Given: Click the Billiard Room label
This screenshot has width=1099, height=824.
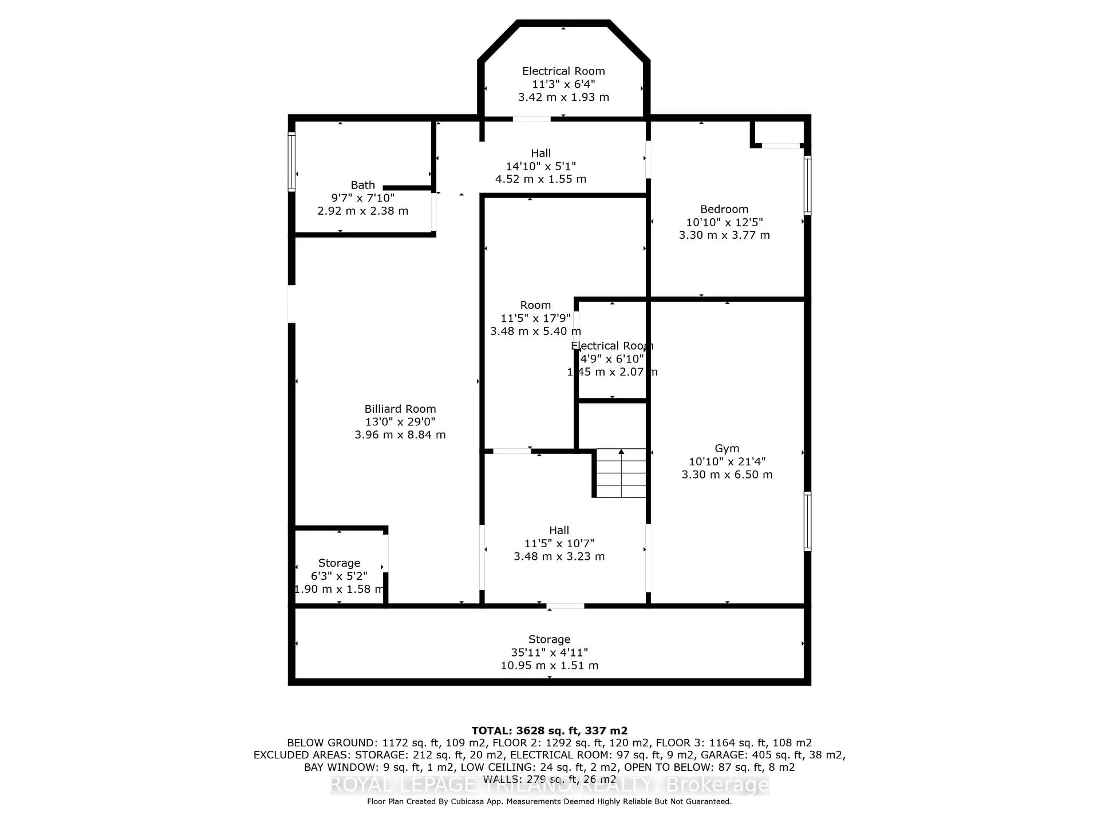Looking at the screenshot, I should pyautogui.click(x=400, y=409).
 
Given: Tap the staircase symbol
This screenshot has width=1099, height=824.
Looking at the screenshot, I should pyautogui.click(x=620, y=473).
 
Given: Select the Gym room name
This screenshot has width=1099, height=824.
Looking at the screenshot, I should pyautogui.click(x=727, y=449).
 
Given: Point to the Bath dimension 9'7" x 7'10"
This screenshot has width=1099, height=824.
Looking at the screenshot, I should pyautogui.click(x=363, y=198).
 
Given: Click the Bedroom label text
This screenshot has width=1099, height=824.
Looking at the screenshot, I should pyautogui.click(x=724, y=209).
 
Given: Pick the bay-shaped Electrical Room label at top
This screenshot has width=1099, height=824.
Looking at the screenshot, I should pyautogui.click(x=564, y=71).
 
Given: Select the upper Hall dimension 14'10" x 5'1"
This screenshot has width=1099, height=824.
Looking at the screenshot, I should pyautogui.click(x=541, y=166).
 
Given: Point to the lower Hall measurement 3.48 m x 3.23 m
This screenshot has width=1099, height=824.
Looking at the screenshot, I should pyautogui.click(x=559, y=556).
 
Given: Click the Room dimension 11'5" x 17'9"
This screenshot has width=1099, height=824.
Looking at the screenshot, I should pyautogui.click(x=535, y=318).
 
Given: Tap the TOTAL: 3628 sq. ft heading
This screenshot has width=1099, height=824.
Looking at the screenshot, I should pyautogui.click(x=549, y=731).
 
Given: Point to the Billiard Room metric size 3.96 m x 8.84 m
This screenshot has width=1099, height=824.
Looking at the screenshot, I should pyautogui.click(x=400, y=435).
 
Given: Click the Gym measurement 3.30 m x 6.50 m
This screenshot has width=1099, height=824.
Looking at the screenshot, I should pyautogui.click(x=727, y=474).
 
